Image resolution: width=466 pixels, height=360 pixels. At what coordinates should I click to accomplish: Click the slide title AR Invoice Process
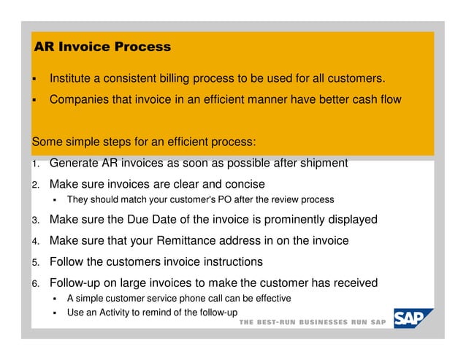[102, 47]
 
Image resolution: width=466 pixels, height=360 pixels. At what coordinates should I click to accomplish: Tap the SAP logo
[413, 319]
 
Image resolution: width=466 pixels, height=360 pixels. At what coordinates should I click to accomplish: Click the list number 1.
[34, 164]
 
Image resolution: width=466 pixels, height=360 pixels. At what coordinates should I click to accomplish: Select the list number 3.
[34, 220]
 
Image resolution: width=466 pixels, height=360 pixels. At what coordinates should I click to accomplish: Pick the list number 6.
[34, 284]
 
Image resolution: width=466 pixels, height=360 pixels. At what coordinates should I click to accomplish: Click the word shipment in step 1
[322, 162]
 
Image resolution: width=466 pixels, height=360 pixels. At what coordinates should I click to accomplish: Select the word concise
[244, 183]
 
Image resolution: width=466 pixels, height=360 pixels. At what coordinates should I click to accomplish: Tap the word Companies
[79, 99]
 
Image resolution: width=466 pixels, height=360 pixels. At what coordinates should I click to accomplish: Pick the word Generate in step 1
[75, 162]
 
